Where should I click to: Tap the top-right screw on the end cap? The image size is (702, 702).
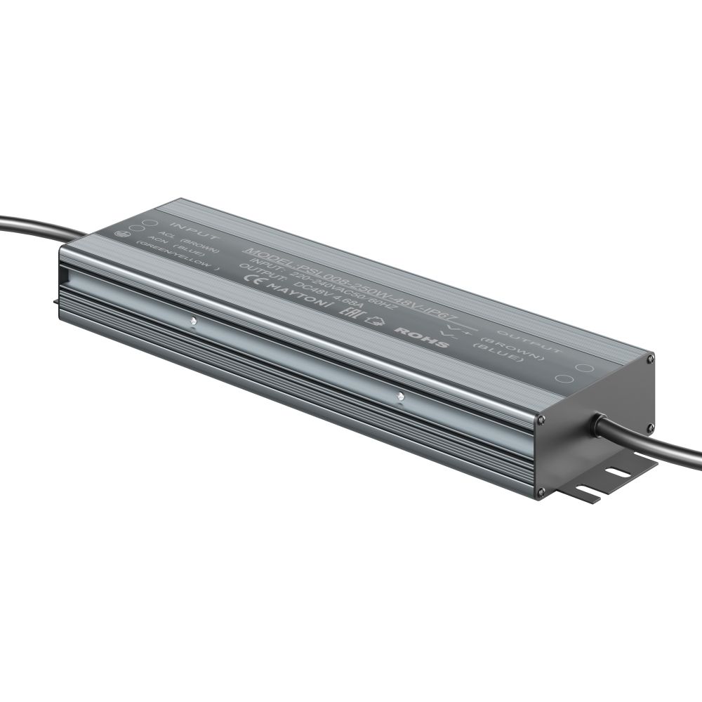(651, 359)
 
